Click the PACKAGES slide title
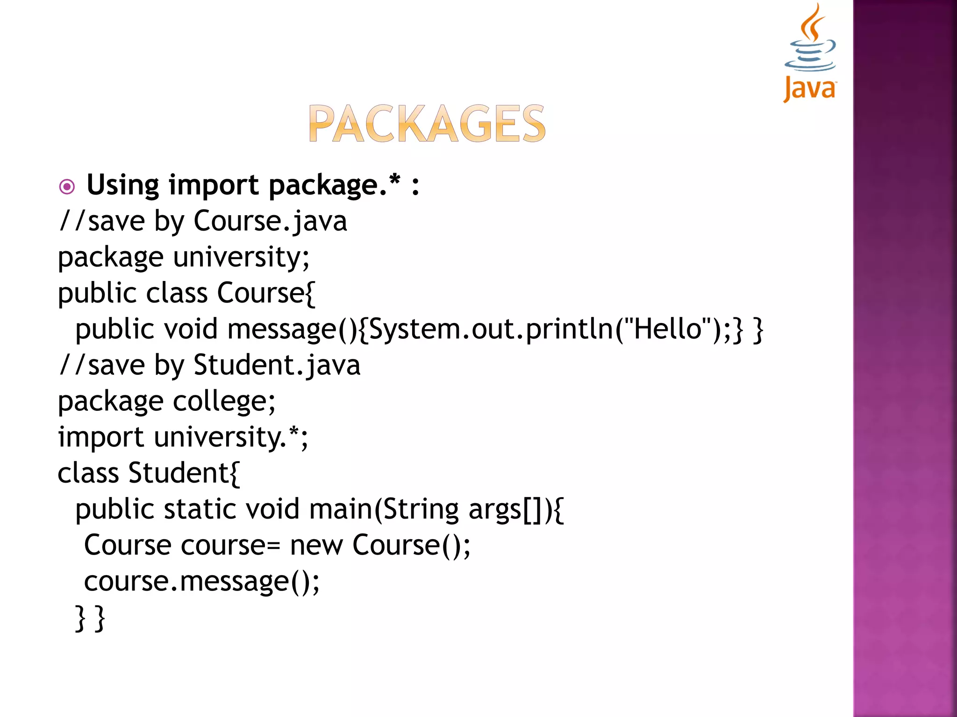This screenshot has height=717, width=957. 427,123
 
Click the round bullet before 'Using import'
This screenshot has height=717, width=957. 67,187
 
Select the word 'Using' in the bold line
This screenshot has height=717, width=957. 123,185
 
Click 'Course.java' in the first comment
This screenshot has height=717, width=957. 270,221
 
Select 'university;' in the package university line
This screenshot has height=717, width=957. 241,257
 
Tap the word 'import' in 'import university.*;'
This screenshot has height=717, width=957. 100,437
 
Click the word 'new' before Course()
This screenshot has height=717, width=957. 316,545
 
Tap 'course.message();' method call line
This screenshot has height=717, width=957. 202,581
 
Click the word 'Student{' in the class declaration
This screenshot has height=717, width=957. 184,473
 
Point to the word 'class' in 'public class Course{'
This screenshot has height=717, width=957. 177,293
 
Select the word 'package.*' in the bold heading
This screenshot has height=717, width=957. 334,185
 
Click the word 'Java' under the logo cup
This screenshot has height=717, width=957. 810,88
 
